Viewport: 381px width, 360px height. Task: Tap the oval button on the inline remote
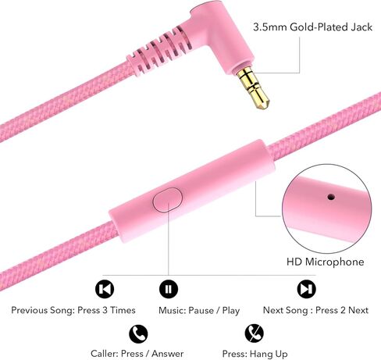pyautogui.click(x=167, y=200)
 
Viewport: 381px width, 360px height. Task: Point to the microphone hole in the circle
pyautogui.click(x=331, y=197)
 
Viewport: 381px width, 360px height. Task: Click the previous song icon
pyautogui.click(x=105, y=289)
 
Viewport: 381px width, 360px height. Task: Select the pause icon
pyautogui.click(x=169, y=289)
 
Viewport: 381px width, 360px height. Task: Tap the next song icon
pyautogui.click(x=306, y=289)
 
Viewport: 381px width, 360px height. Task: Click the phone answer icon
pyautogui.click(x=138, y=333)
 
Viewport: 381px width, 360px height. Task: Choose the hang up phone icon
pyautogui.click(x=254, y=333)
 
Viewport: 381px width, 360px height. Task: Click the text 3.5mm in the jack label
pyautogui.click(x=270, y=27)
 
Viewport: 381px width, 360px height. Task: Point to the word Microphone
pyautogui.click(x=334, y=262)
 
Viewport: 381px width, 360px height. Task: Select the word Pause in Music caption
pyautogui.click(x=201, y=310)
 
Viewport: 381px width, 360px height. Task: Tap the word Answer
pyautogui.click(x=168, y=354)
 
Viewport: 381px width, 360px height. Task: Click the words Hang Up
pyautogui.click(x=269, y=354)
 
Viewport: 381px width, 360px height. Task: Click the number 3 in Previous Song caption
pyautogui.click(x=105, y=310)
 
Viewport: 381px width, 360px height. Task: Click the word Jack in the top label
pyautogui.click(x=361, y=27)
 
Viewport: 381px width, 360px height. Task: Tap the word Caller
pyautogui.click(x=105, y=354)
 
